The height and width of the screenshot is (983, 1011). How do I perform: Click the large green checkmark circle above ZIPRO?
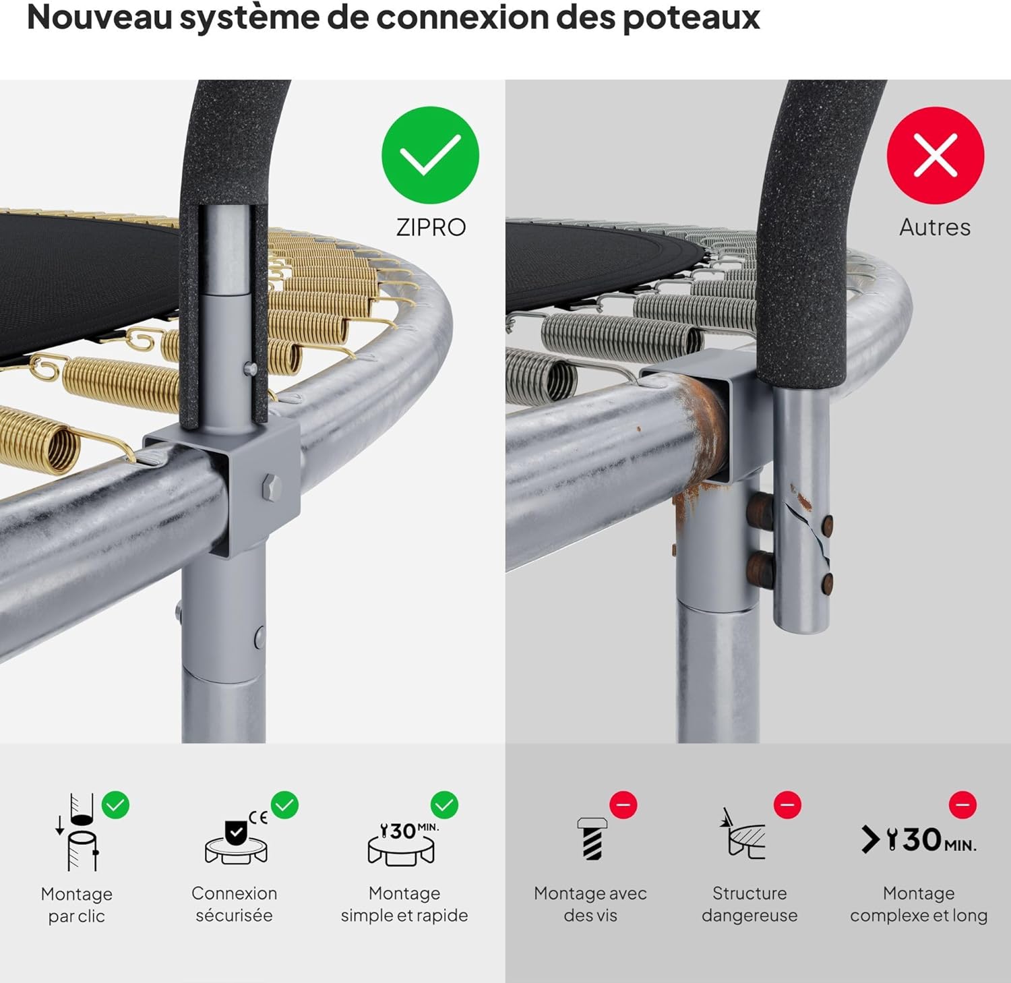point(430,155)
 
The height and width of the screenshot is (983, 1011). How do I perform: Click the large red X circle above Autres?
point(936,155)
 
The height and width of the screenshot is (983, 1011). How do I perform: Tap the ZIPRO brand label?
point(431,227)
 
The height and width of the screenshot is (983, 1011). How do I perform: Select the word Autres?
point(935,227)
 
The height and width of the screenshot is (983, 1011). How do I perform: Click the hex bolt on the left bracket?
point(271,485)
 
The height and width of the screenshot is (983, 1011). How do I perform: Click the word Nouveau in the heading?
point(99,18)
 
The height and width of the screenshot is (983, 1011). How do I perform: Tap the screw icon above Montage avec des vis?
point(592,838)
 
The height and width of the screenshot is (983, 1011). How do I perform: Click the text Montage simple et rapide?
point(404,904)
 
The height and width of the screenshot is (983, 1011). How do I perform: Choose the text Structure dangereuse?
point(749,904)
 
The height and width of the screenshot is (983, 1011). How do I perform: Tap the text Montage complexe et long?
point(919,904)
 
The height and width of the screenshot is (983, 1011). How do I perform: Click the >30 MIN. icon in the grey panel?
point(919,840)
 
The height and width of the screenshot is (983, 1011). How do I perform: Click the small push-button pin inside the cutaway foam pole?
point(250,368)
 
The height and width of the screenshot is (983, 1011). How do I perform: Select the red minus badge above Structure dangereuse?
point(787,805)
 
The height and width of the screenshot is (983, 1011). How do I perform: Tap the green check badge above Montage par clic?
point(116,805)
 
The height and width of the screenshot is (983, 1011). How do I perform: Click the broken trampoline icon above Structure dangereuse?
point(745,836)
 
